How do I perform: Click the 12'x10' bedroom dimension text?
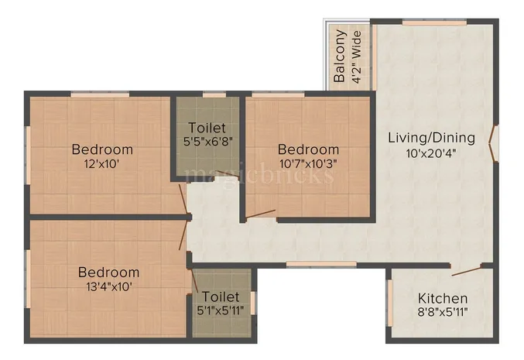pyautogui.click(x=102, y=164)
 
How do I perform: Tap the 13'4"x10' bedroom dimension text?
pyautogui.click(x=108, y=286)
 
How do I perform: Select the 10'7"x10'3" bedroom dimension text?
pyautogui.click(x=308, y=164)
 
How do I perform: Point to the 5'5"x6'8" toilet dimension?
pyautogui.click(x=207, y=142)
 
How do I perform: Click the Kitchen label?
pyautogui.click(x=443, y=298)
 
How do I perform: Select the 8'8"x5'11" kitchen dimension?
pyautogui.click(x=443, y=313)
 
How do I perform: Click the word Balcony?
pyautogui.click(x=339, y=57)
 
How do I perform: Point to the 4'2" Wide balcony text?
pyautogui.click(x=356, y=57)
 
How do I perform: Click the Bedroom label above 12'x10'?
pyautogui.click(x=102, y=149)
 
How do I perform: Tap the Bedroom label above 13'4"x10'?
pyautogui.click(x=108, y=272)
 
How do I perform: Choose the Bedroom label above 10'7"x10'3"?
pyautogui.click(x=308, y=149)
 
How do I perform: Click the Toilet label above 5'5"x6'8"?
pyautogui.click(x=207, y=128)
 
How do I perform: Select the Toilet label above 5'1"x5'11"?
pyautogui.click(x=221, y=297)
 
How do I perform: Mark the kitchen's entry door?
pyautogui.click(x=467, y=269)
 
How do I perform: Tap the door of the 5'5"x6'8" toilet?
pyautogui.click(x=227, y=174)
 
